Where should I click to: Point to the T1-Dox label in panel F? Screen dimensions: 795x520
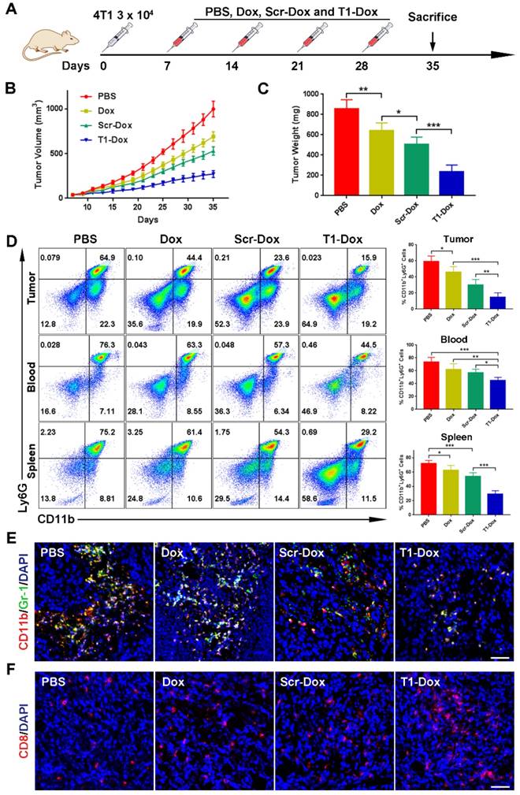click(421, 679)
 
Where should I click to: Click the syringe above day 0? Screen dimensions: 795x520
click(117, 36)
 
